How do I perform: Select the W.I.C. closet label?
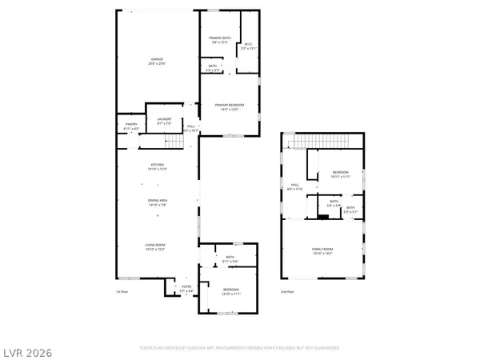[x=249, y=45]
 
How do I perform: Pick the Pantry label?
[x=132, y=124]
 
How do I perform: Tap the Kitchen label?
[x=157, y=165]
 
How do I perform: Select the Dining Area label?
[x=157, y=200]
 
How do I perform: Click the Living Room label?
[x=157, y=246]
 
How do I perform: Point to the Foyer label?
[x=186, y=286]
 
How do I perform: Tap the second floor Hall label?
[x=294, y=185]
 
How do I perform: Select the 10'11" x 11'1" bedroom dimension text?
[x=341, y=176]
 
